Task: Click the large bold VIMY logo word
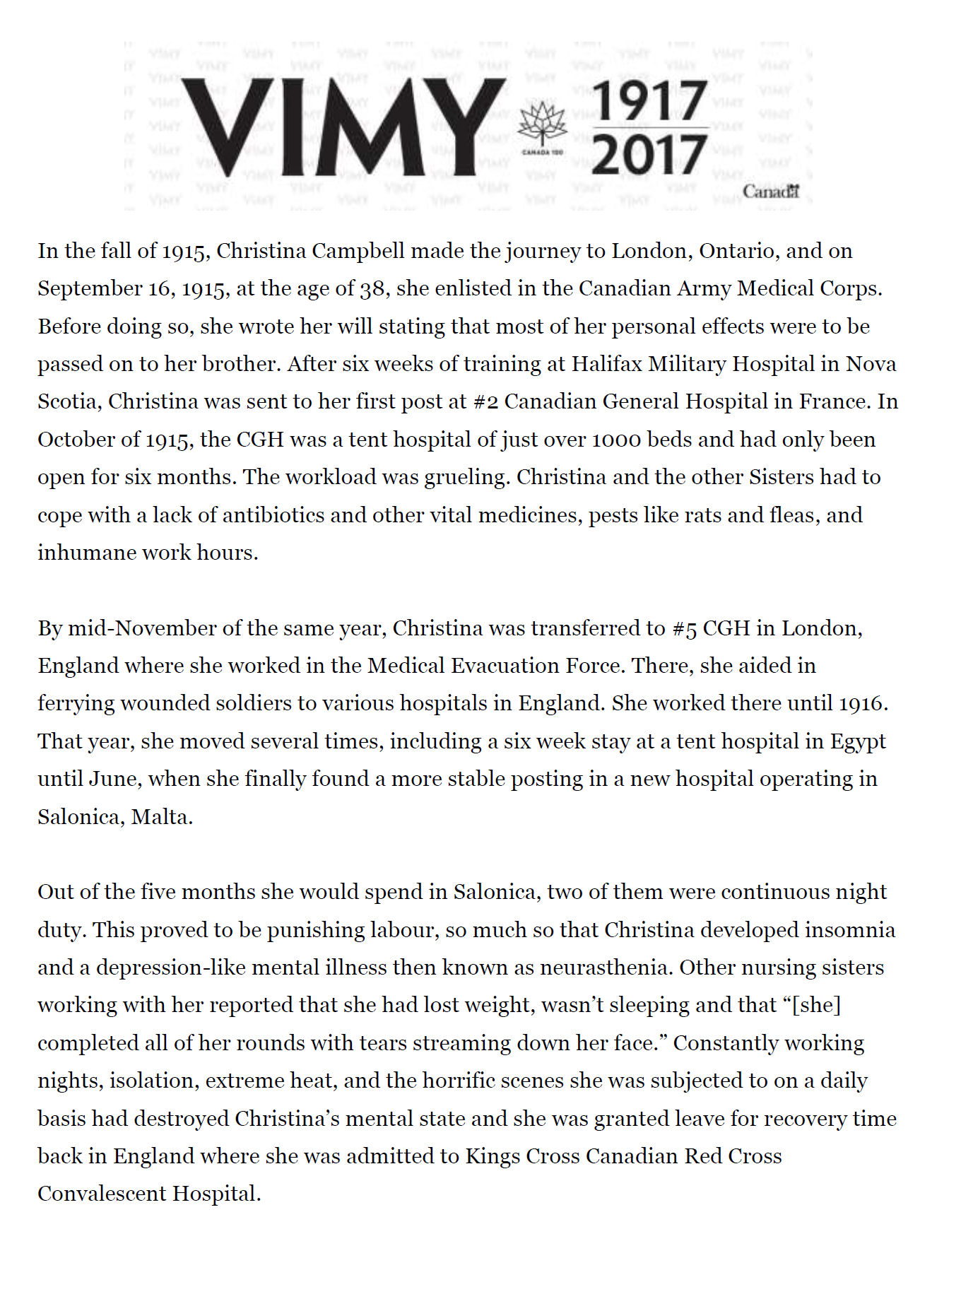[342, 127]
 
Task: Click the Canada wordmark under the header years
[770, 192]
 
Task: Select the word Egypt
[857, 742]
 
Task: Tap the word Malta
[161, 818]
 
